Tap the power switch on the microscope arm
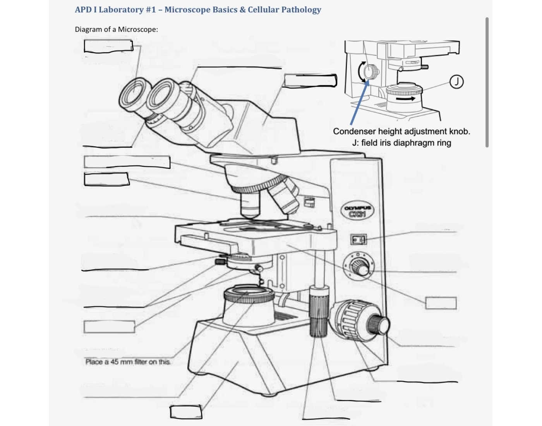(x=358, y=240)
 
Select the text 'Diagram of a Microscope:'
(x=116, y=29)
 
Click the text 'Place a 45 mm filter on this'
(x=128, y=362)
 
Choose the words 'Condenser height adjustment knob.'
(x=401, y=131)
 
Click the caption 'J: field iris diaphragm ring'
(x=401, y=143)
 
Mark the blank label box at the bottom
(x=186, y=412)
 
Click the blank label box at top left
(x=108, y=46)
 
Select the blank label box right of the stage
(x=441, y=303)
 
